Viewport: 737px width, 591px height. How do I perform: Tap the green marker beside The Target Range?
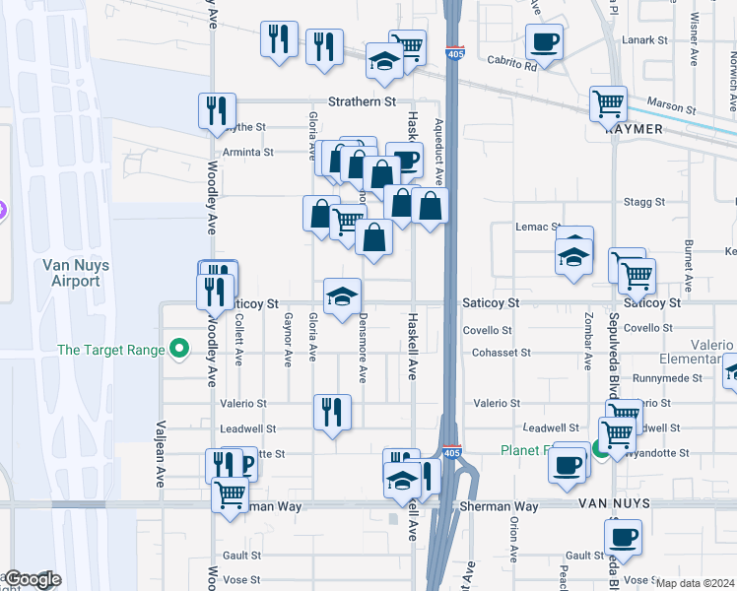pos(179,349)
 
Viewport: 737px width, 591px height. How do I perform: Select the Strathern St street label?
pos(362,101)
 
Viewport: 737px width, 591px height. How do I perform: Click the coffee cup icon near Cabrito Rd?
pos(544,42)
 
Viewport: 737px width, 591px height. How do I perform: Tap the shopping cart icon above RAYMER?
pos(609,102)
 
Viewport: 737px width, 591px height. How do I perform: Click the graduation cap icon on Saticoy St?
pos(342,295)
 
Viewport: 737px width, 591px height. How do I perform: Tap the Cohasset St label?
pos(501,352)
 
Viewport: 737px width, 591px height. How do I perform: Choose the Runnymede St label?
pos(668,377)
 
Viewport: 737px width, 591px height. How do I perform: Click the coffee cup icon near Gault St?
pos(622,538)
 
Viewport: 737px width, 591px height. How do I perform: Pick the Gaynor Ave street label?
pos(288,340)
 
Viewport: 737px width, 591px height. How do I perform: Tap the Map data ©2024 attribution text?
pos(695,583)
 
